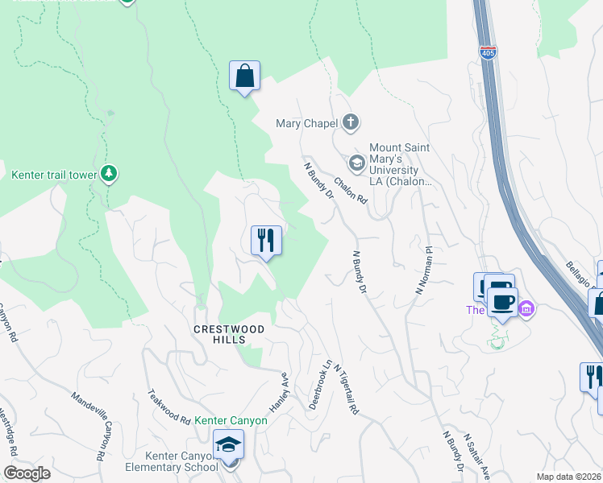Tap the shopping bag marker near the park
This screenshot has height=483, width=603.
[x=243, y=76]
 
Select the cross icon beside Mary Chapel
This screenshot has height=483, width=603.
[x=350, y=123]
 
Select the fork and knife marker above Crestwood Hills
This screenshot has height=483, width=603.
[x=266, y=240]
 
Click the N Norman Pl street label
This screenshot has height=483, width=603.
[x=423, y=270]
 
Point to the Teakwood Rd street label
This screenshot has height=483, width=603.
[x=168, y=407]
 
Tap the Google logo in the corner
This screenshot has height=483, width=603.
[x=27, y=473]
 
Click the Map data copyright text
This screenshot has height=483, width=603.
[x=569, y=477]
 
